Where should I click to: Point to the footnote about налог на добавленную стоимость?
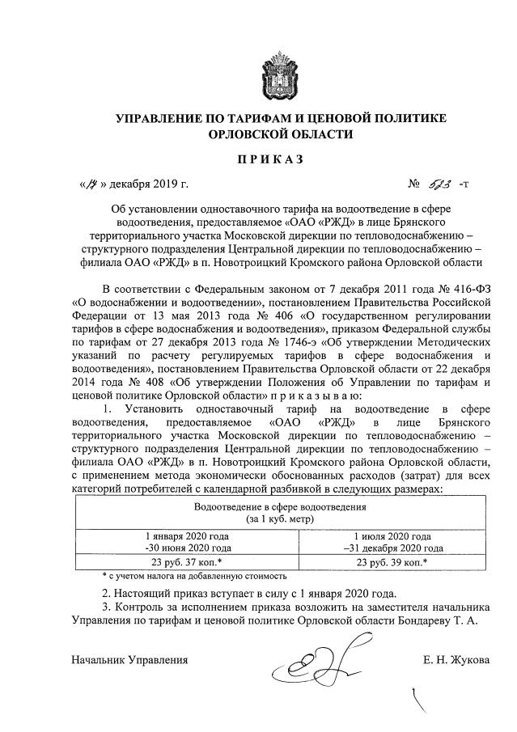coord(194,577)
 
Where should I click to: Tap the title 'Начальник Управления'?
coord(129,659)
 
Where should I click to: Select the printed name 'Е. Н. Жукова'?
coord(456,659)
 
